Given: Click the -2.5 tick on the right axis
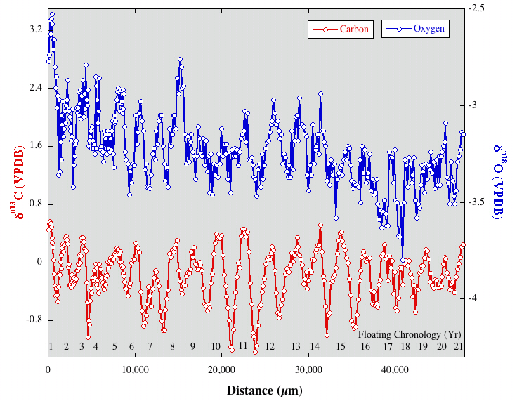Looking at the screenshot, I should pos(477,8).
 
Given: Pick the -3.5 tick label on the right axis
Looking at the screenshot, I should pos(477,202).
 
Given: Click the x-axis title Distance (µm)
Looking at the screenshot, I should pos(256,389).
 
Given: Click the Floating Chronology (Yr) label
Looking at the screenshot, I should pos(410,334).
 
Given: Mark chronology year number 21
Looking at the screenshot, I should pos(458,347).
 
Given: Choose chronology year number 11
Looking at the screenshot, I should pos(243,346).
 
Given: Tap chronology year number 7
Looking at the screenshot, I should pos(150,347).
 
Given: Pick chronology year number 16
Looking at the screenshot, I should pos(365,347).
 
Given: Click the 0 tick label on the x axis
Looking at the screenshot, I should pos(48,370).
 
